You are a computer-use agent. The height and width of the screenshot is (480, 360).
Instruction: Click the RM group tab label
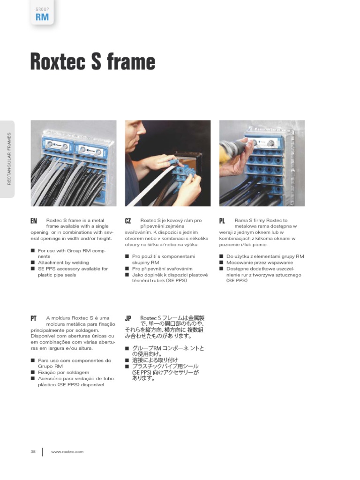(x=42, y=17)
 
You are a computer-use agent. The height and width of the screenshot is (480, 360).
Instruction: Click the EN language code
(x=34, y=220)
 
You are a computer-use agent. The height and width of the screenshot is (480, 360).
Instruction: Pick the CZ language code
(x=128, y=220)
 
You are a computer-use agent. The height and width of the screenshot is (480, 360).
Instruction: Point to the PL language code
(x=222, y=220)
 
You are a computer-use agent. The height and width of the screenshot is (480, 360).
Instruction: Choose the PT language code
(x=34, y=318)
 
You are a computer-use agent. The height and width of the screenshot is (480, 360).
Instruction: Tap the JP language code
(x=128, y=318)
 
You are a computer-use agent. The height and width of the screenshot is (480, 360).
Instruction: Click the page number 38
(x=33, y=451)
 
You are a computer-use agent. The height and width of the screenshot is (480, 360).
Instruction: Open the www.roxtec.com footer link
(x=67, y=451)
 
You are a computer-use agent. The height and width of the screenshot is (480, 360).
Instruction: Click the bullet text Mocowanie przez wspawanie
(x=259, y=262)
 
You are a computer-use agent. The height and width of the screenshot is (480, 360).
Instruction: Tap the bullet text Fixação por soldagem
(x=63, y=372)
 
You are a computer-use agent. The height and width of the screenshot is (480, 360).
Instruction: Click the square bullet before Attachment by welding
(x=33, y=263)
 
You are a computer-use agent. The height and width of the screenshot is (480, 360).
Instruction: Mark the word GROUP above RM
(x=42, y=9)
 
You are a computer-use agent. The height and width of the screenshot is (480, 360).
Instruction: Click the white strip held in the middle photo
(x=150, y=183)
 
